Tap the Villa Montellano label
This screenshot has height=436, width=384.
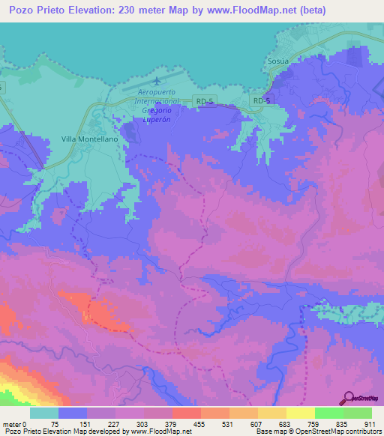[89, 139]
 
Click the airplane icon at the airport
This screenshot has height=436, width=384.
[156, 79]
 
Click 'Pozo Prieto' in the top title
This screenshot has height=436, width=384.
[36, 10]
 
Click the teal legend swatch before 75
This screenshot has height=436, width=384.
[44, 413]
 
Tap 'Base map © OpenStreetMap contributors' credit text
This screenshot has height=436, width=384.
[317, 432]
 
